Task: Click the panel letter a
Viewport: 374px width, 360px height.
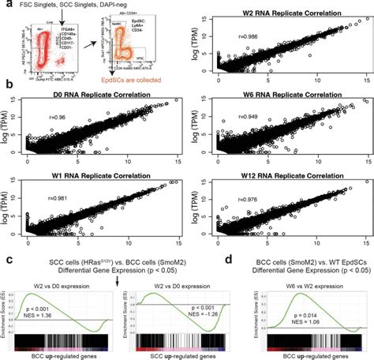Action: click(x=6, y=6)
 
